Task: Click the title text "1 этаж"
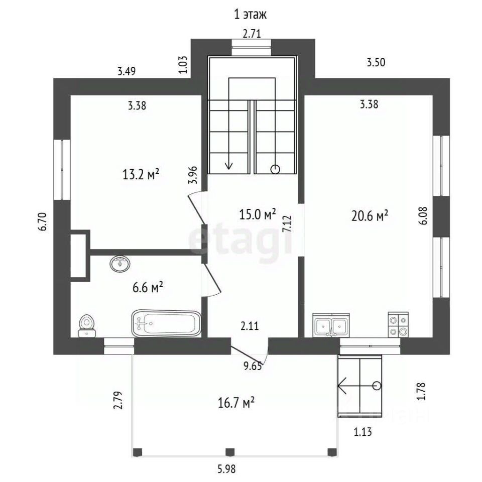tap(250, 15)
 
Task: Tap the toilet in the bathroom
tap(87, 326)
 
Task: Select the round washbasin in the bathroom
tap(120, 264)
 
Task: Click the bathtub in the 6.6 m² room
tap(166, 323)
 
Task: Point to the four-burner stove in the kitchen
tap(398, 325)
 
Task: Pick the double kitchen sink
tap(331, 325)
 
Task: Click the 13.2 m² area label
tap(141, 175)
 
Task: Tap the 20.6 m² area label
tap(370, 215)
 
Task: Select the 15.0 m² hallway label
tap(258, 214)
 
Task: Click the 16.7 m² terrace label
tap(236, 403)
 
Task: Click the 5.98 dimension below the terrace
tap(227, 469)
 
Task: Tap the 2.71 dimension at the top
tap(252, 33)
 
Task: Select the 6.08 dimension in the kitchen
tap(423, 216)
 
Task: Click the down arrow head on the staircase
tap(229, 166)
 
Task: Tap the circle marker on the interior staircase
tap(275, 169)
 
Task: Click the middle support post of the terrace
tap(230, 452)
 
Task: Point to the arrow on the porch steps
tap(357, 386)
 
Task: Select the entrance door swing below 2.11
tap(250, 354)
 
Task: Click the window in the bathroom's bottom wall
tap(119, 346)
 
